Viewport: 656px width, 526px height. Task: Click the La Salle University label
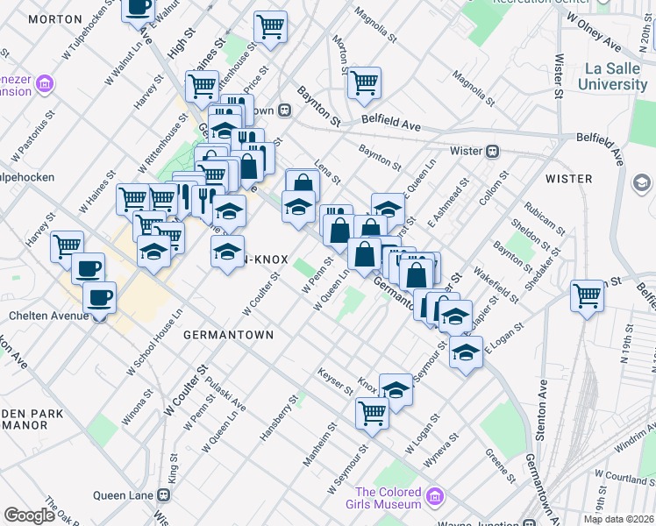tap(612, 76)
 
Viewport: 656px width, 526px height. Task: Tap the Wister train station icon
tap(493, 151)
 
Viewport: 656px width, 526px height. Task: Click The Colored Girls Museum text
tap(389, 498)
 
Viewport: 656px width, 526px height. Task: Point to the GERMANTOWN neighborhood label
tap(228, 335)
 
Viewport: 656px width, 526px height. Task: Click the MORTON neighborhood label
tap(30, 18)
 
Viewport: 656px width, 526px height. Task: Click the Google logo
tap(29, 515)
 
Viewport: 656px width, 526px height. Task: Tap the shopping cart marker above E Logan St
tap(587, 295)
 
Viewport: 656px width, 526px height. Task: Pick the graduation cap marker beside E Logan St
tap(467, 353)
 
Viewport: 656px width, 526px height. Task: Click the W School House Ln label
tap(153, 343)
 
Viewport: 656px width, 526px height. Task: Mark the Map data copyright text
tap(617, 519)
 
